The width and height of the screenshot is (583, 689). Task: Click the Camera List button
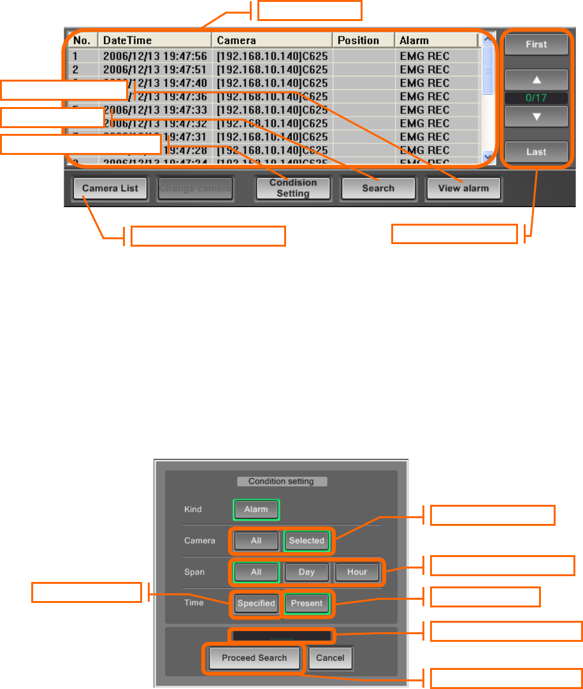point(110,188)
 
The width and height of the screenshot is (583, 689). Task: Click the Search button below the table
point(378,188)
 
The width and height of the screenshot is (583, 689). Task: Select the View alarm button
point(463,188)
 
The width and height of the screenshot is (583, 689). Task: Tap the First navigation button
point(536,45)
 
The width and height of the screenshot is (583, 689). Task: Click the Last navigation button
point(536,152)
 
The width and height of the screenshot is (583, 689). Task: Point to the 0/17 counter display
point(536,98)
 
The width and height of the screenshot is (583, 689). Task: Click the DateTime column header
point(127,40)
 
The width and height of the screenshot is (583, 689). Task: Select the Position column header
point(358,40)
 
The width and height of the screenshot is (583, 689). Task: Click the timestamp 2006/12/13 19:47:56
point(155,56)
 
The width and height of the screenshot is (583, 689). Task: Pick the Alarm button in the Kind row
point(256,509)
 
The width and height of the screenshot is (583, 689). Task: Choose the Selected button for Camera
point(306,540)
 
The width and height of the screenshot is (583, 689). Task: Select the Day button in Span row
point(306,572)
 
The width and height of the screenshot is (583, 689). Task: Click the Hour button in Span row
point(357,572)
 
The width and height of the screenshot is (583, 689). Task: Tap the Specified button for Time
point(256,603)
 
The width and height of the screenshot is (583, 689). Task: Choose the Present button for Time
point(306,603)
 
